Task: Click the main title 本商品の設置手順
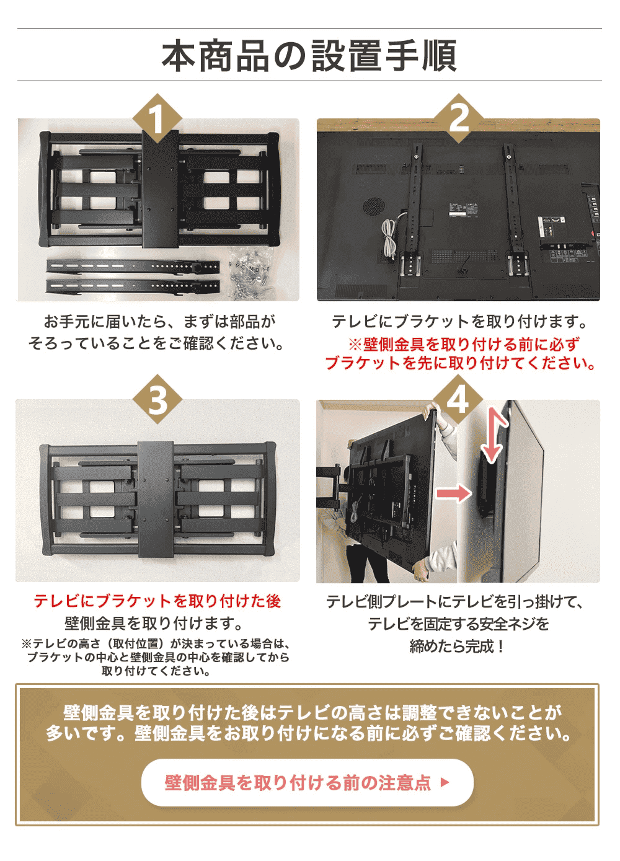pyautogui.click(x=309, y=56)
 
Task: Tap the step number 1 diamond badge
pyautogui.click(x=157, y=118)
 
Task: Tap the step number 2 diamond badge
pyautogui.click(x=458, y=118)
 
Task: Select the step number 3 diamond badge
pyautogui.click(x=157, y=399)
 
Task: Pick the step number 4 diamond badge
pyautogui.click(x=458, y=399)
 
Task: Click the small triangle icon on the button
pyautogui.click(x=444, y=782)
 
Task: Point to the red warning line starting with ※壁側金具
pyautogui.click(x=464, y=344)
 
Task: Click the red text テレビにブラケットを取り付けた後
pyautogui.click(x=157, y=601)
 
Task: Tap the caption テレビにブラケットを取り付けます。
pyautogui.click(x=459, y=321)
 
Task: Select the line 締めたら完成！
pyautogui.click(x=458, y=647)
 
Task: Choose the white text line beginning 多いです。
pyautogui.click(x=308, y=734)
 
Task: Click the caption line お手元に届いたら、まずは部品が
pyautogui.click(x=159, y=321)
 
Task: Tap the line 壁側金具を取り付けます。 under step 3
pyautogui.click(x=154, y=623)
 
